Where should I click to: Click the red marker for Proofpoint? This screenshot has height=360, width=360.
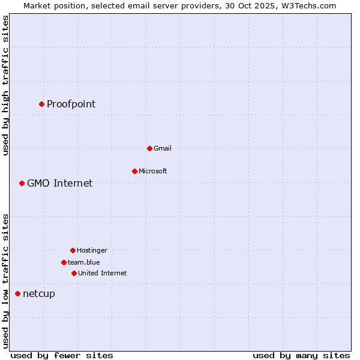click(x=41, y=104)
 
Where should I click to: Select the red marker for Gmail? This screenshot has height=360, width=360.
click(x=149, y=148)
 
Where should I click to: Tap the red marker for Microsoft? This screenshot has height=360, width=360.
click(x=134, y=171)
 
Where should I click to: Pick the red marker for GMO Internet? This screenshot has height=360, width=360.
click(x=22, y=183)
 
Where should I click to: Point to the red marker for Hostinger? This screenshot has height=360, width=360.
click(x=73, y=250)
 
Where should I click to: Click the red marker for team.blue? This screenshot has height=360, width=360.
click(x=64, y=262)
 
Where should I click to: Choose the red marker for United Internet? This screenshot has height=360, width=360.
click(x=74, y=273)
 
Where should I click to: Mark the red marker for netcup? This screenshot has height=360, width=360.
click(x=17, y=293)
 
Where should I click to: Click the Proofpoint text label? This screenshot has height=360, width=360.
click(x=71, y=104)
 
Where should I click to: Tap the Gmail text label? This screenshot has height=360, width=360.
click(x=162, y=148)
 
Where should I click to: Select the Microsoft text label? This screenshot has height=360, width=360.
click(x=152, y=171)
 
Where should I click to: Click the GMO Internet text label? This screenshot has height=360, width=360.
click(x=59, y=183)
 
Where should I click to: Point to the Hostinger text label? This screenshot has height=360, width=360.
click(x=92, y=250)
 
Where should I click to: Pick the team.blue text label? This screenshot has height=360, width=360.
click(x=83, y=262)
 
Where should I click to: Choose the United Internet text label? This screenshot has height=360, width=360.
click(x=102, y=273)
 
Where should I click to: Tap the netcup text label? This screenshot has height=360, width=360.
click(x=38, y=293)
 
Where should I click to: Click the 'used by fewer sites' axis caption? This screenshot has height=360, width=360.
click(x=62, y=355)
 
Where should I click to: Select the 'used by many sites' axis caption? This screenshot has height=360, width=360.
click(x=301, y=355)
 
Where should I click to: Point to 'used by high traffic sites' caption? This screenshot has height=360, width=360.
click(x=5, y=85)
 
